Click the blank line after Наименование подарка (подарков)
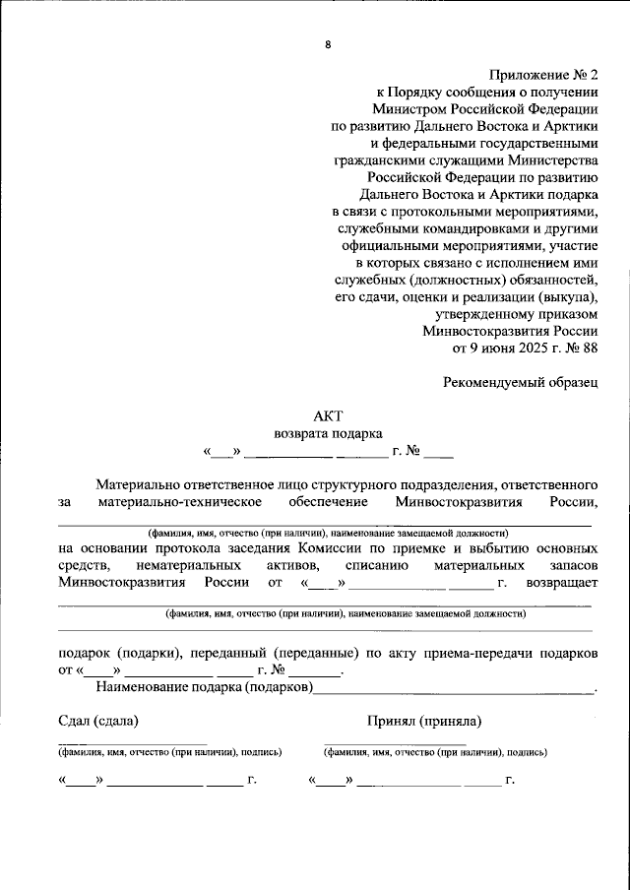[x=453, y=691]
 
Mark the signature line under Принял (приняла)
[x=395, y=743]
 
